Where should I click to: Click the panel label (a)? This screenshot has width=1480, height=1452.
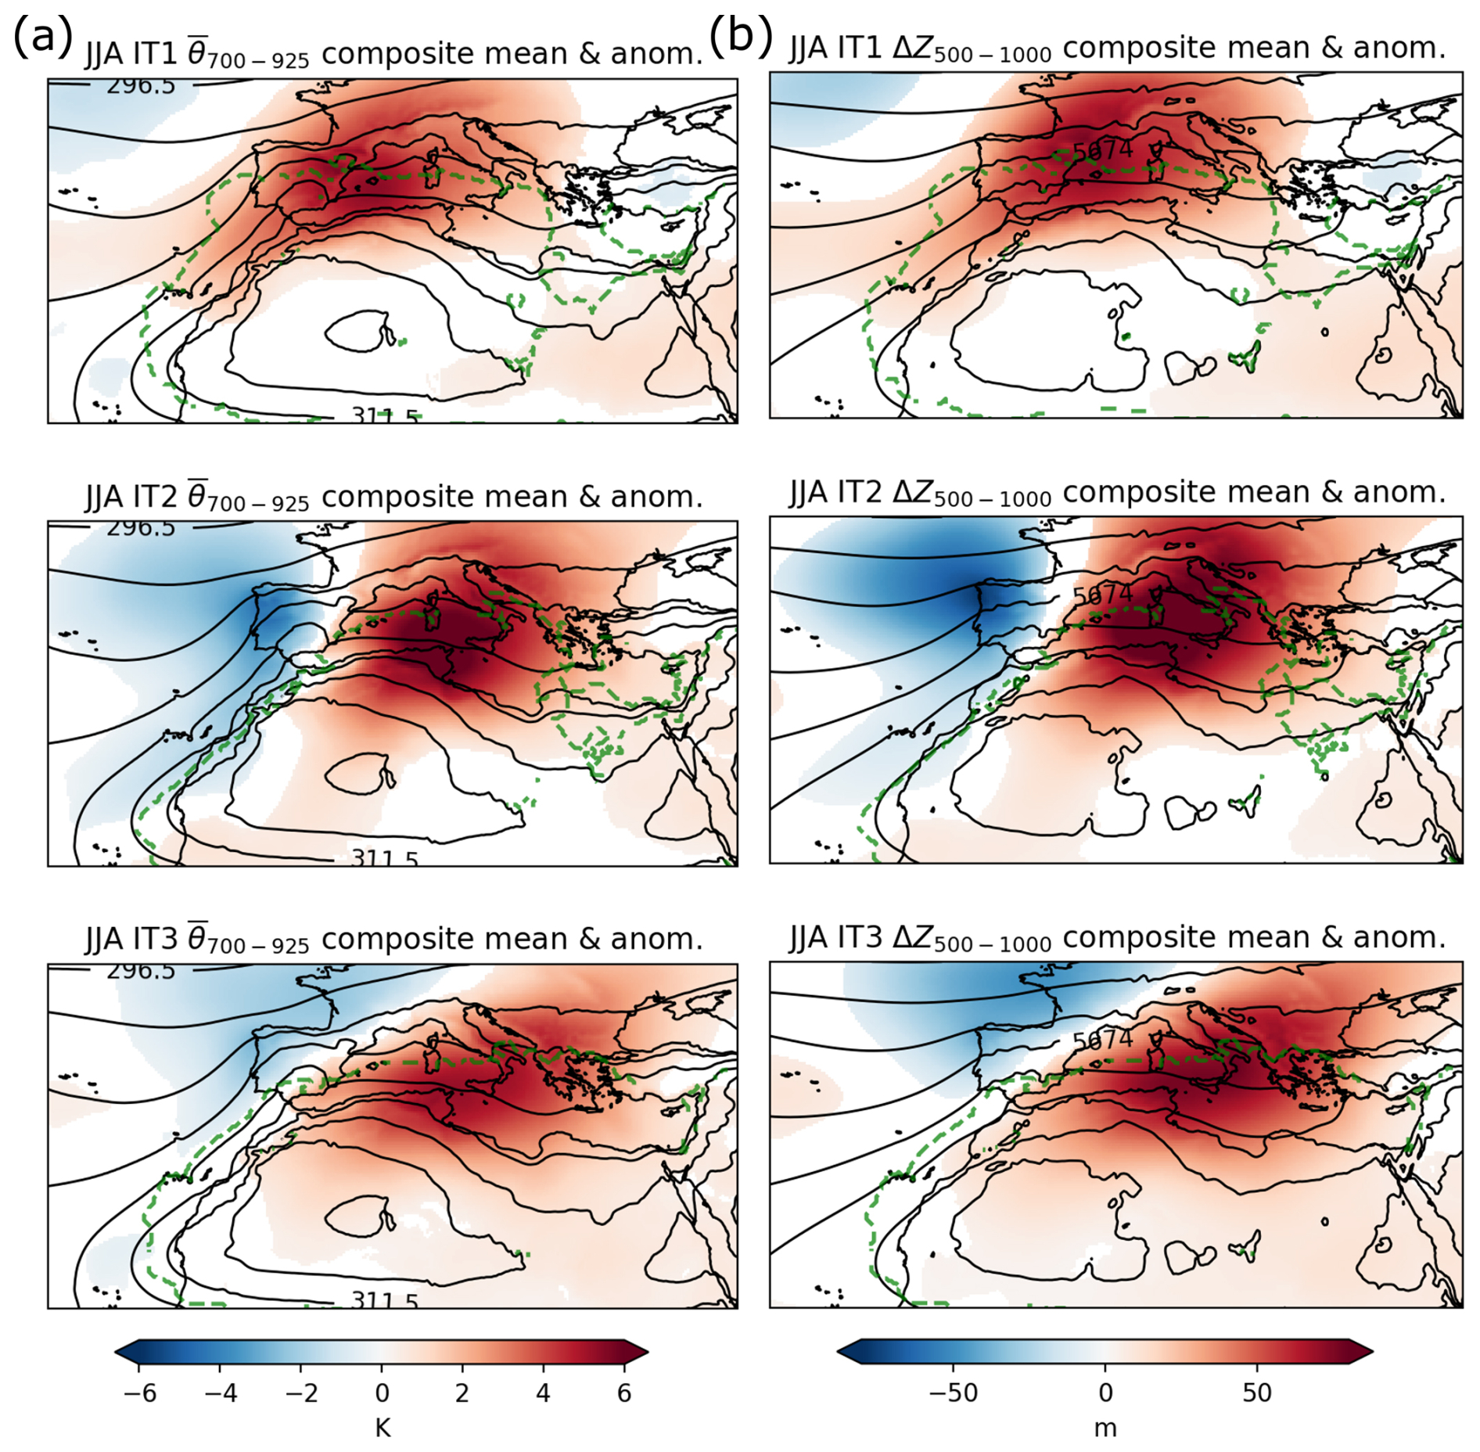click(42, 38)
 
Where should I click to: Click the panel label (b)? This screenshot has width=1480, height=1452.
click(740, 35)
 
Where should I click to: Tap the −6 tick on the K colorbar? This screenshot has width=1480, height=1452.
click(139, 1393)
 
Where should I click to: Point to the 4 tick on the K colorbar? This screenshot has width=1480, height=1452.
click(543, 1393)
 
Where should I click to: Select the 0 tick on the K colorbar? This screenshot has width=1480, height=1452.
click(382, 1393)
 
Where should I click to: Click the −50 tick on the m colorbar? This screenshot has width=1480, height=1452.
click(953, 1393)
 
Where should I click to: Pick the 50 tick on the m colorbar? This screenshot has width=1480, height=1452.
click(1257, 1393)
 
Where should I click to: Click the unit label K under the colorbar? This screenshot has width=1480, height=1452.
click(382, 1429)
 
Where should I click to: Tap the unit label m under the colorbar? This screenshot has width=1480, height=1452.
click(1105, 1429)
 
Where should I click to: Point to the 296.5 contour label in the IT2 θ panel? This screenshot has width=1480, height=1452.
click(141, 528)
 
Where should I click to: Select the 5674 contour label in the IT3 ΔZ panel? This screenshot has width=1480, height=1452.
click(1102, 1040)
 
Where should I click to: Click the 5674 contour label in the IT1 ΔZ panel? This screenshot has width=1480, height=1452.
click(1102, 149)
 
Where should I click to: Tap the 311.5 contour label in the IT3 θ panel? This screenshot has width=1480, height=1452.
click(384, 1301)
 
